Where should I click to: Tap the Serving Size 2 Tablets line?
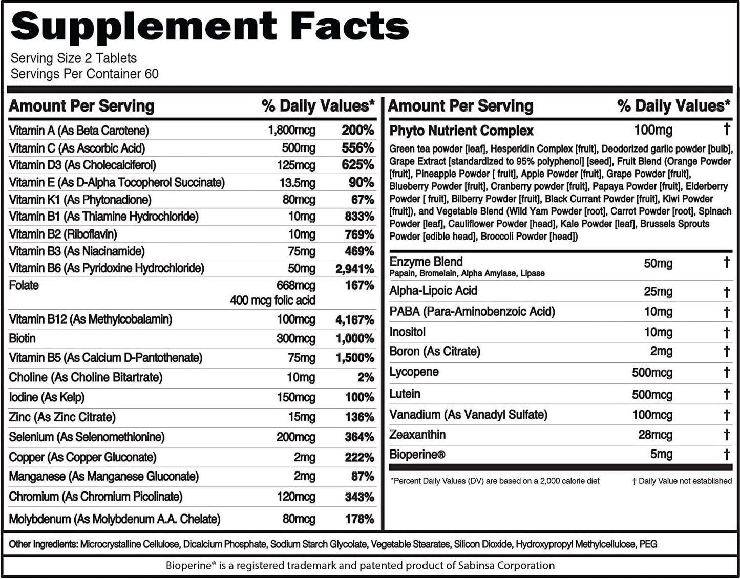tap(74, 58)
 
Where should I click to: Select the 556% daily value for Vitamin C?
tap(357, 148)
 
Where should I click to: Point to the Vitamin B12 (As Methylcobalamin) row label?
tap(90, 319)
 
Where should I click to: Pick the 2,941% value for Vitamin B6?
tap(355, 269)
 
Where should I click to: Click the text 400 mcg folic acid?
tap(272, 301)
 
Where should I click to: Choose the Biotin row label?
tap(23, 339)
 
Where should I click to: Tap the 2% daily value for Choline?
tap(365, 378)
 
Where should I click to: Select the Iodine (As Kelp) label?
tap(47, 397)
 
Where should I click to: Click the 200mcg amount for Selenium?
tap(295, 437)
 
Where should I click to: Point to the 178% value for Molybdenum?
tap(359, 519)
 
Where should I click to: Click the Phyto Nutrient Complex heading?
tap(461, 131)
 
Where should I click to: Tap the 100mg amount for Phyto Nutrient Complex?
tap(653, 130)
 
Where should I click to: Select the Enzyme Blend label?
tap(426, 262)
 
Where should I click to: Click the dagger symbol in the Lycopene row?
tap(726, 372)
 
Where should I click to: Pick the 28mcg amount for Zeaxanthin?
tap(655, 435)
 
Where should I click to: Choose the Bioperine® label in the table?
tap(417, 454)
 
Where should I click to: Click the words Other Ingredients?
tap(43, 544)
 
